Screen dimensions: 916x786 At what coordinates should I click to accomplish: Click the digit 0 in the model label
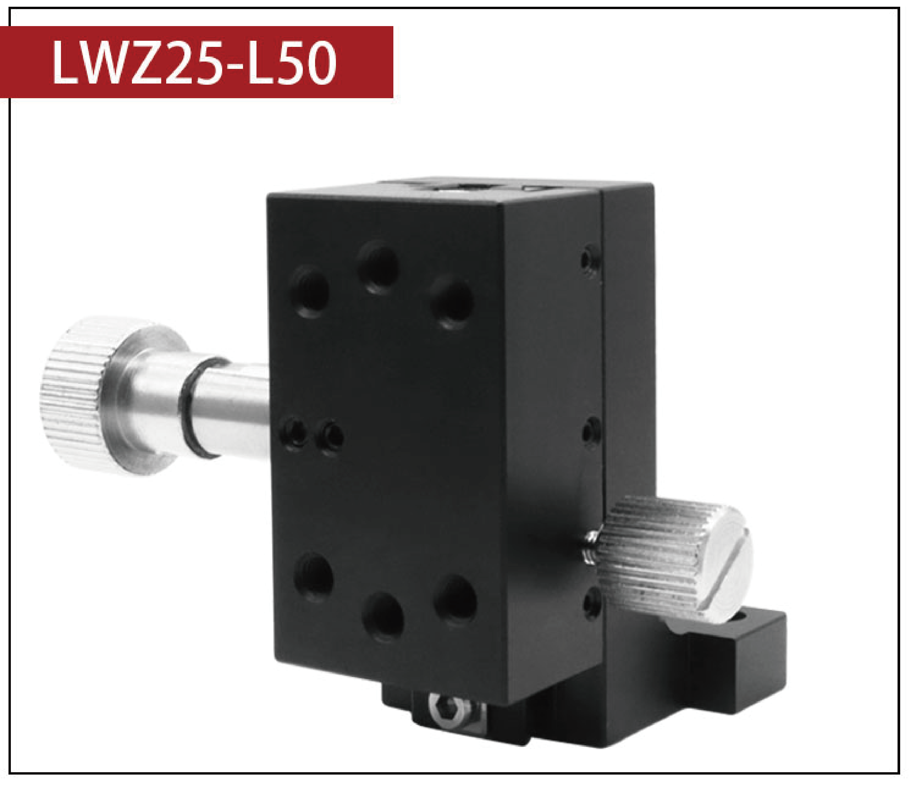coord(319,62)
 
